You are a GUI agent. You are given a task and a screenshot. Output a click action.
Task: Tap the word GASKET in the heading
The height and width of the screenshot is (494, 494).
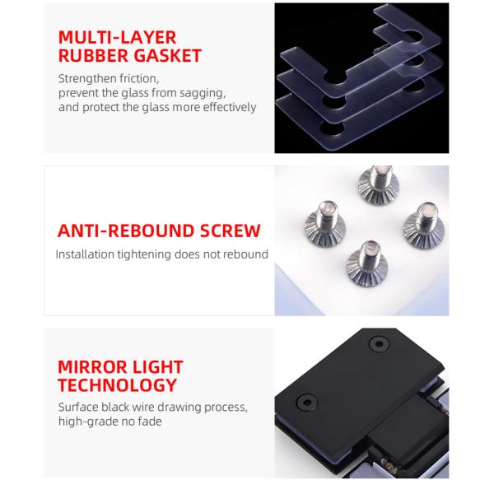169,56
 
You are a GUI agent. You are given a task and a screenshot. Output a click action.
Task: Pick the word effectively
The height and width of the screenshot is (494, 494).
227,107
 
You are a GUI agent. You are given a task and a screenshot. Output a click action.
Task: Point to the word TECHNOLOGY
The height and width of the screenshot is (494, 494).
117,385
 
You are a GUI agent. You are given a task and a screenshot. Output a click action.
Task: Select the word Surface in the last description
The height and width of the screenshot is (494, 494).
79,408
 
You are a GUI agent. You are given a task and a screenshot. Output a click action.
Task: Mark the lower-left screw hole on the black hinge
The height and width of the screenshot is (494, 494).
307,403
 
